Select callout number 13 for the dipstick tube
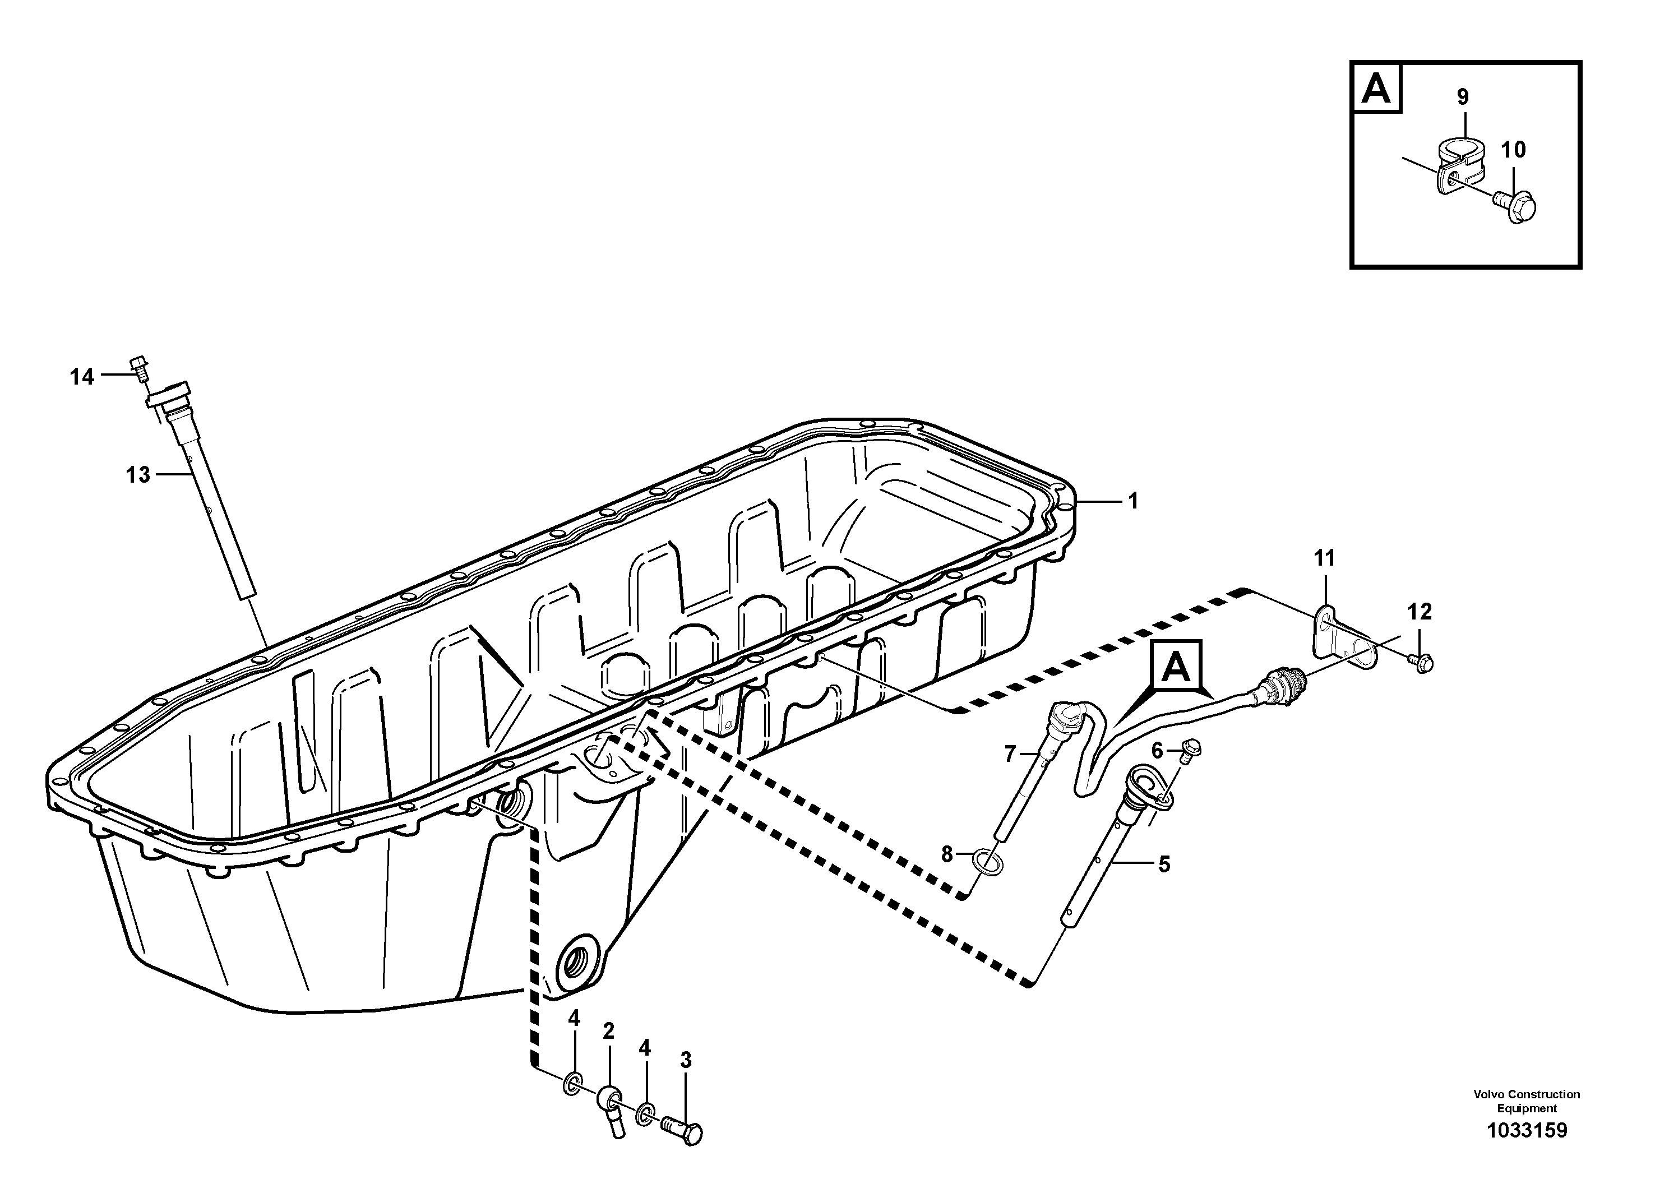pos(138,475)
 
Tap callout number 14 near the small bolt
pos(82,377)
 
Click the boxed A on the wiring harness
pos(1176,667)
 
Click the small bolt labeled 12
pos(1421,661)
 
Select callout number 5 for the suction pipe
pos(1164,864)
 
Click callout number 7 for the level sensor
pos(1010,755)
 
